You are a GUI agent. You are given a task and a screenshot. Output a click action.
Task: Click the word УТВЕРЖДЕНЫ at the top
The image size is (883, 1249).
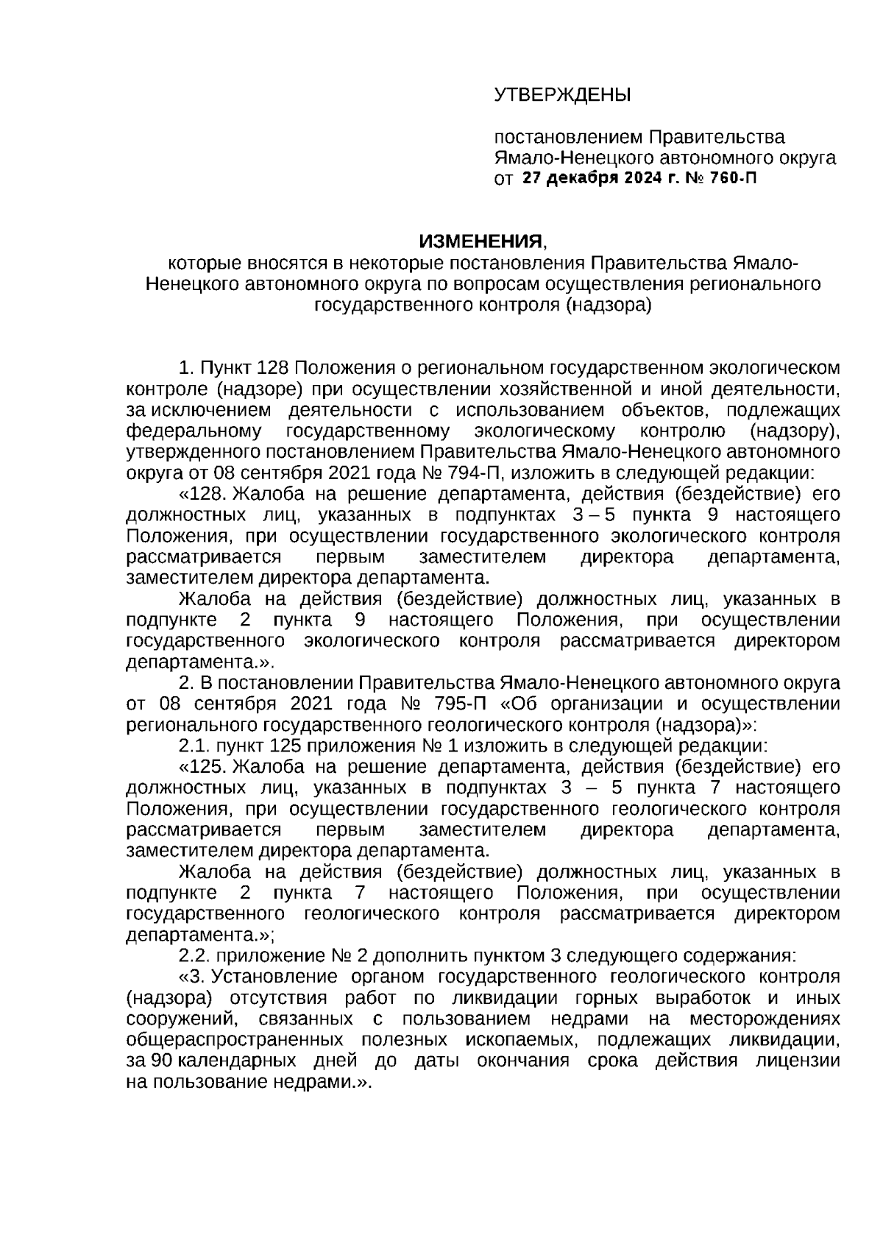tap(562, 95)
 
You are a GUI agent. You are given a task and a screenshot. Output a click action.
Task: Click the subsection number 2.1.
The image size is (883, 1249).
tap(194, 746)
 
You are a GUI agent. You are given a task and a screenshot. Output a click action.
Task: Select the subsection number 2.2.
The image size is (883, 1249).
tap(194, 956)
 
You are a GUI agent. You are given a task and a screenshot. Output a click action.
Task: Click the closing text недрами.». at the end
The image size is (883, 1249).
tap(330, 1083)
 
